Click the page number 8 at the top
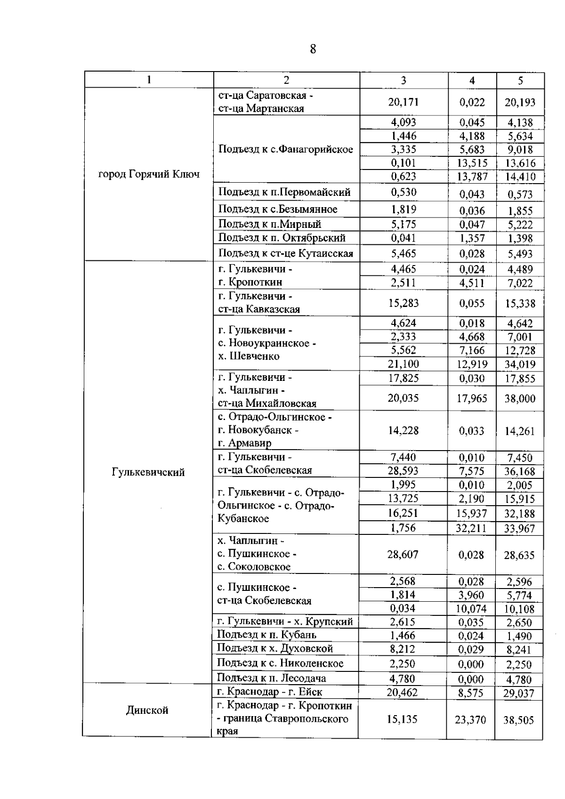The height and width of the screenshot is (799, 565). coord(313,49)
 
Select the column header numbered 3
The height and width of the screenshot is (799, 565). coord(404,81)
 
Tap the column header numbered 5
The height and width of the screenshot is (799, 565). coord(520,81)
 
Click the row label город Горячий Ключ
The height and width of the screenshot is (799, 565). coord(149,174)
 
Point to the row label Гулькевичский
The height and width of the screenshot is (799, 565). coord(148,472)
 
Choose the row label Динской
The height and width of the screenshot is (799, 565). coord(147,710)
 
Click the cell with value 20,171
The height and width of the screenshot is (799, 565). coord(404,102)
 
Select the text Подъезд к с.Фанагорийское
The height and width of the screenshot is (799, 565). coord(286,149)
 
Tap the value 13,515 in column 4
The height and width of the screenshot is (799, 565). coord(472,163)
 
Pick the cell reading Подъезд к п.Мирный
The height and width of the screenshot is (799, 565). coord(270,224)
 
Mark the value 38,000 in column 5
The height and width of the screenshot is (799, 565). coord(520,399)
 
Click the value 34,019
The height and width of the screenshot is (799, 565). coord(520,364)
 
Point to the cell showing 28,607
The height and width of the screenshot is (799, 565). coord(403,554)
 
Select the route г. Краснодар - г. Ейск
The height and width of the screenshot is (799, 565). coord(270,692)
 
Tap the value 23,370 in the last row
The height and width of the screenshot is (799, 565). coord(471,720)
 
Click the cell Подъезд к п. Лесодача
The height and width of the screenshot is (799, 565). coord(271,678)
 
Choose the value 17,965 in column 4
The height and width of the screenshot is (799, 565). coord(472,399)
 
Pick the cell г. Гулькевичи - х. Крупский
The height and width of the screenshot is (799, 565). coord(285,621)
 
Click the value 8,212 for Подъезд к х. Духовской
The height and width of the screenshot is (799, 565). coord(403,649)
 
